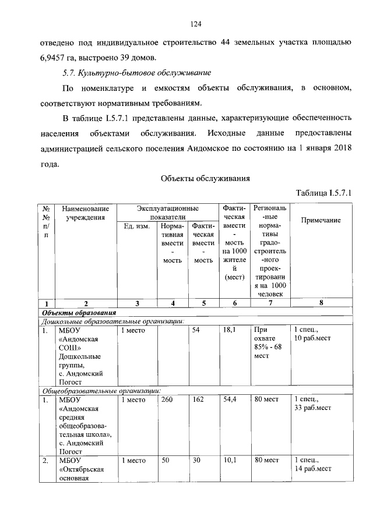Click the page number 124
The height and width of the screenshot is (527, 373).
(x=195, y=24)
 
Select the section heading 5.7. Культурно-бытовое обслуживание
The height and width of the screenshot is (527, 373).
(x=136, y=73)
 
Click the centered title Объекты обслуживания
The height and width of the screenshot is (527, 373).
(x=205, y=178)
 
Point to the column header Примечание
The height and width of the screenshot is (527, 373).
(x=321, y=220)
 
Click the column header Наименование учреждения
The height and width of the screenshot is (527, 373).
(x=85, y=213)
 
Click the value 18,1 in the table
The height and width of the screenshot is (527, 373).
(x=229, y=330)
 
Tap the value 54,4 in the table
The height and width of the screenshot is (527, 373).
(x=229, y=399)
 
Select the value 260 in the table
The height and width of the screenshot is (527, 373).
(x=167, y=399)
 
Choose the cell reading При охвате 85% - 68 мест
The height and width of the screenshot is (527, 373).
(x=266, y=342)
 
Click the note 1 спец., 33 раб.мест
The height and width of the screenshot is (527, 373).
(x=312, y=404)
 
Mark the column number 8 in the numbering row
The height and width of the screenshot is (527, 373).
(x=321, y=303)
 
